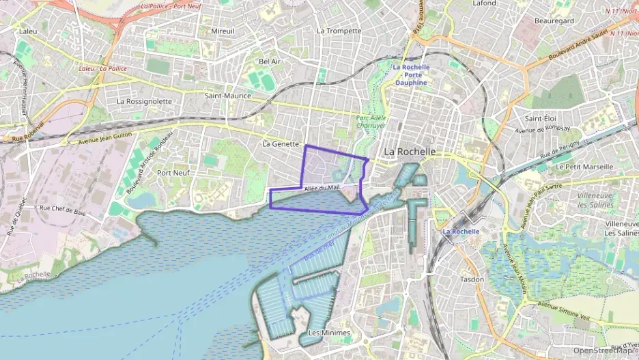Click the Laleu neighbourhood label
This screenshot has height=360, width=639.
pos(28,31)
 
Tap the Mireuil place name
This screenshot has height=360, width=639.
pos(223,31)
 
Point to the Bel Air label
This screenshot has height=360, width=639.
pos(270,61)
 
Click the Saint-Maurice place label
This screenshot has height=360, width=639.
pos(228,96)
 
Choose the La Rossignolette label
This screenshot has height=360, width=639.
pos(144,101)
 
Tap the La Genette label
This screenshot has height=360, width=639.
pos(281,144)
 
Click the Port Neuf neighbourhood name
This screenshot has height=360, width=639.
pos(173,173)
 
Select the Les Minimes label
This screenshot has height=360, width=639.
pos(329,333)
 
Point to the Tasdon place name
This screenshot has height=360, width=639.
pos(472,279)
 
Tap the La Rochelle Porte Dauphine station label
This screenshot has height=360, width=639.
pos(411,74)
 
